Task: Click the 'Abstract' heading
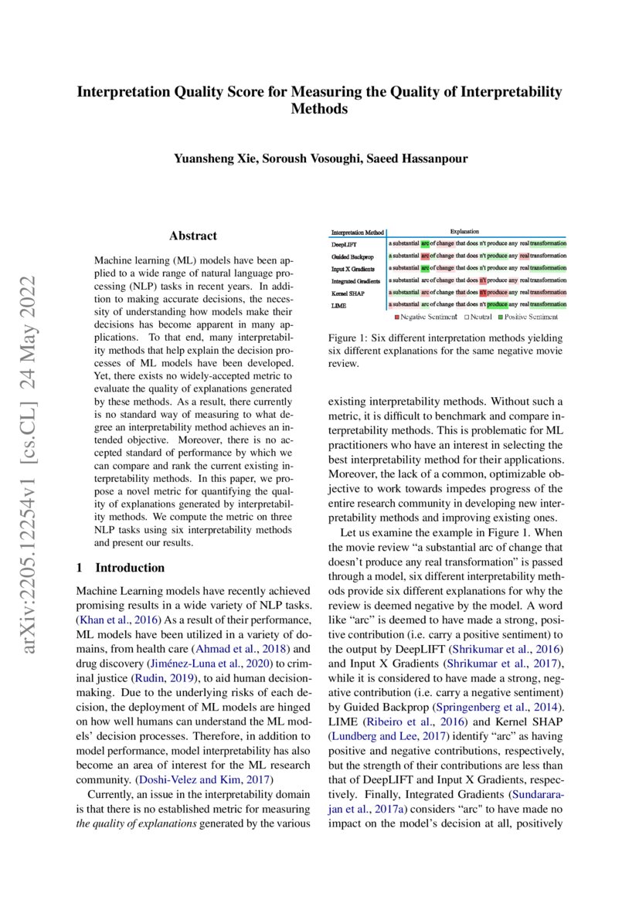[192, 236]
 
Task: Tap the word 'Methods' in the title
[319, 110]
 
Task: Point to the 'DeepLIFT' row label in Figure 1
[344, 244]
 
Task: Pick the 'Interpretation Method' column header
[358, 233]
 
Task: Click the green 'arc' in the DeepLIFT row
[425, 244]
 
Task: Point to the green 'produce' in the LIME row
[497, 304]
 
